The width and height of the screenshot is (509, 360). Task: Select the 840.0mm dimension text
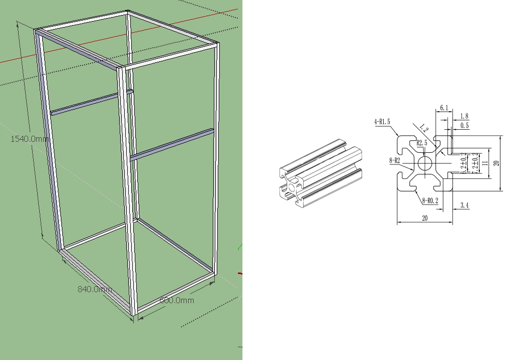95,289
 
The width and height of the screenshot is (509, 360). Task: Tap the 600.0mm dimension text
177,300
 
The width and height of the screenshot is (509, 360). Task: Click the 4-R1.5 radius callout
382,122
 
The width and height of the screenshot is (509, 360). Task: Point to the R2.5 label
421,143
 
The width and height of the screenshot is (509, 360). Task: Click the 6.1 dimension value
444,108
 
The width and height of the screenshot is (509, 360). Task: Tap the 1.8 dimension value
464,116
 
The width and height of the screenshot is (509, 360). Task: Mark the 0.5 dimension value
464,126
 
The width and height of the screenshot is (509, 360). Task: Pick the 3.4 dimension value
464,205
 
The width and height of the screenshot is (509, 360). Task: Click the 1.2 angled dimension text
424,129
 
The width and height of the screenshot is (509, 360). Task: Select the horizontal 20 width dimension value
425,218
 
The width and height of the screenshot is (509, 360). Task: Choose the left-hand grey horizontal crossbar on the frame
91,103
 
